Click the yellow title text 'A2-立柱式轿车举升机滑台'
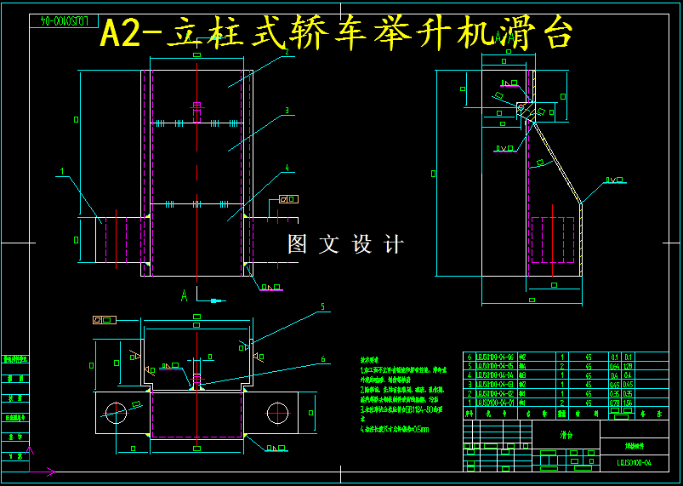point(337,34)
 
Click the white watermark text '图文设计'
point(345,245)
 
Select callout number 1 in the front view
point(62,172)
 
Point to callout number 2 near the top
point(287,52)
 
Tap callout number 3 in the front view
point(287,111)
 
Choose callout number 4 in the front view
point(287,169)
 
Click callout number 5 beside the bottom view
point(322,306)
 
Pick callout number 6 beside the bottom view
point(322,359)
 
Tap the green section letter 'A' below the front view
point(184,296)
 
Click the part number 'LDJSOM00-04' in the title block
point(635,462)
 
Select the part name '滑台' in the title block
point(566,433)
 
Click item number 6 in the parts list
point(470,357)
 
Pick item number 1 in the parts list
point(470,403)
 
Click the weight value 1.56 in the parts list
point(629,403)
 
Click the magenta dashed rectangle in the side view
point(552,240)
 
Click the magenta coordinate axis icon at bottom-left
point(31,460)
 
